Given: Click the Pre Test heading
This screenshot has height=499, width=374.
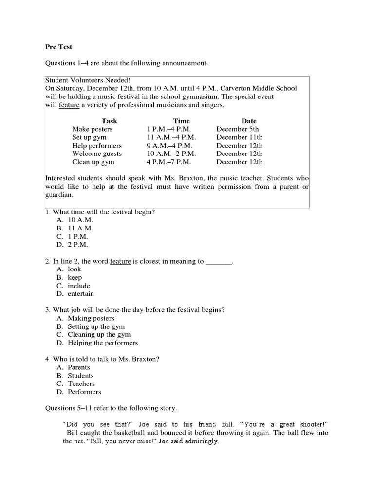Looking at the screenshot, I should (58, 47).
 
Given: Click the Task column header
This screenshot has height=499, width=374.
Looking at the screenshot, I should (109, 121).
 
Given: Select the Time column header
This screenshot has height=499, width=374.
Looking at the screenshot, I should (181, 121).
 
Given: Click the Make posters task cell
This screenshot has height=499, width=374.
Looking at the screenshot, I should (92, 129).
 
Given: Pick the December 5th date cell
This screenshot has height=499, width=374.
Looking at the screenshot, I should (238, 129).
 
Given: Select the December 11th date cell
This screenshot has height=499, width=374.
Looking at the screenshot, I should (239, 137).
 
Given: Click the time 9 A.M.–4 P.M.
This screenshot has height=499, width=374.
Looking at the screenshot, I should (169, 146).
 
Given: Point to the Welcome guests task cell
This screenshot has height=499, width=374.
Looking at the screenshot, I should (97, 154).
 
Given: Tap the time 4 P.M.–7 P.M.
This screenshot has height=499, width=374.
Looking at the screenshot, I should (168, 162).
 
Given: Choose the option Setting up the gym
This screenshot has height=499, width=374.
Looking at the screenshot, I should (96, 326).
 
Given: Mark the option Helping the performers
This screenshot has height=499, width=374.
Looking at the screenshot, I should (103, 343).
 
